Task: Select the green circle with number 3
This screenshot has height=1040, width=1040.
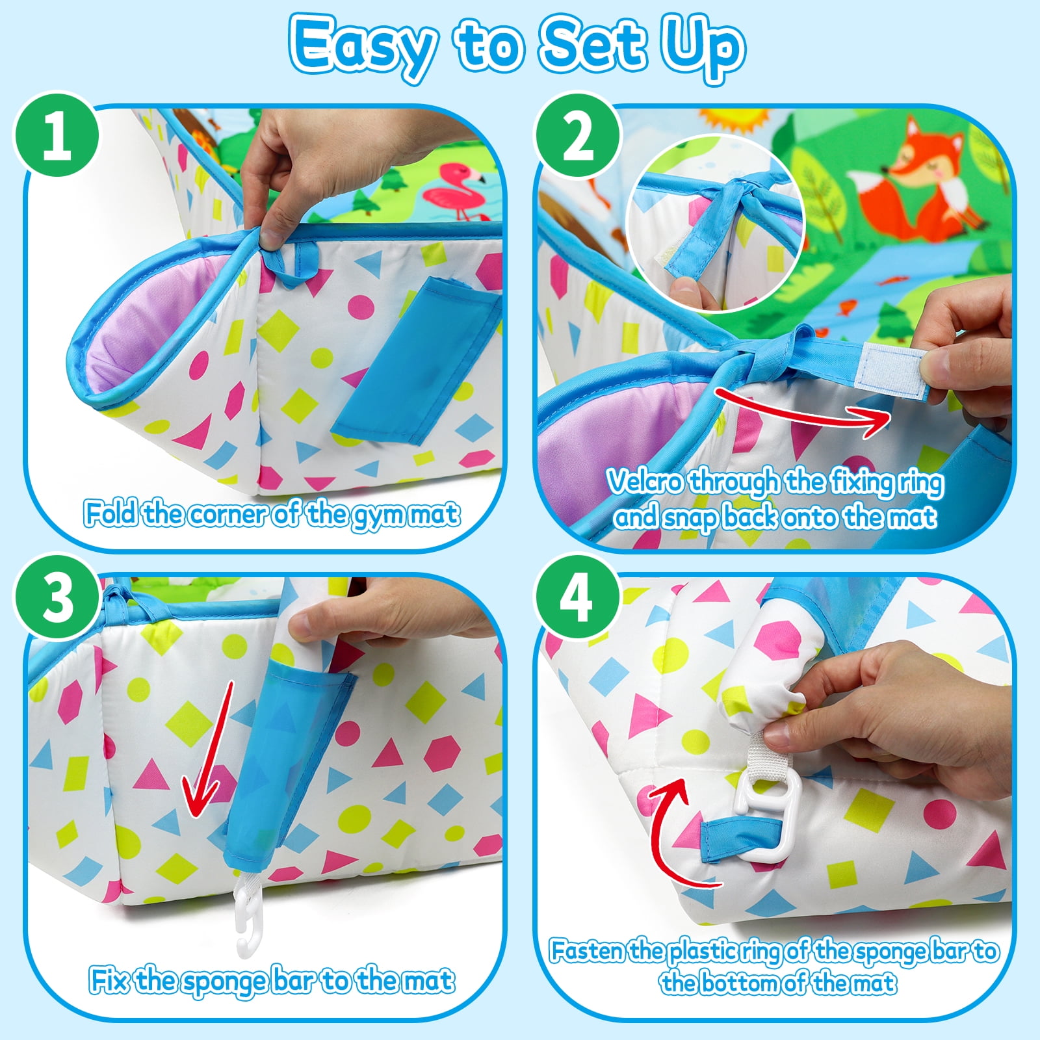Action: coord(57,596)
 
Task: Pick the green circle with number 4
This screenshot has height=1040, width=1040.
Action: coord(577,596)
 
